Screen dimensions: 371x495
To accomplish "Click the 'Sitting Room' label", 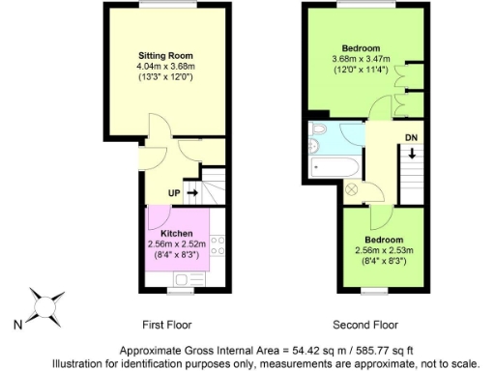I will [165, 55].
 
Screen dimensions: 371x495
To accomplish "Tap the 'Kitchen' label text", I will [177, 234].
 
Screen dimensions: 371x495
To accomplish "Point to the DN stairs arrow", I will [412, 154].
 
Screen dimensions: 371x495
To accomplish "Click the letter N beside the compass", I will [16, 326].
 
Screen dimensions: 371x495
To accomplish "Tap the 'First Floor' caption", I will [172, 325].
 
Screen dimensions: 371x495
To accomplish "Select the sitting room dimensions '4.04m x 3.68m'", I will [165, 67].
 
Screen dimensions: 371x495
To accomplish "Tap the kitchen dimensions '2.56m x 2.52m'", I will [177, 245].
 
